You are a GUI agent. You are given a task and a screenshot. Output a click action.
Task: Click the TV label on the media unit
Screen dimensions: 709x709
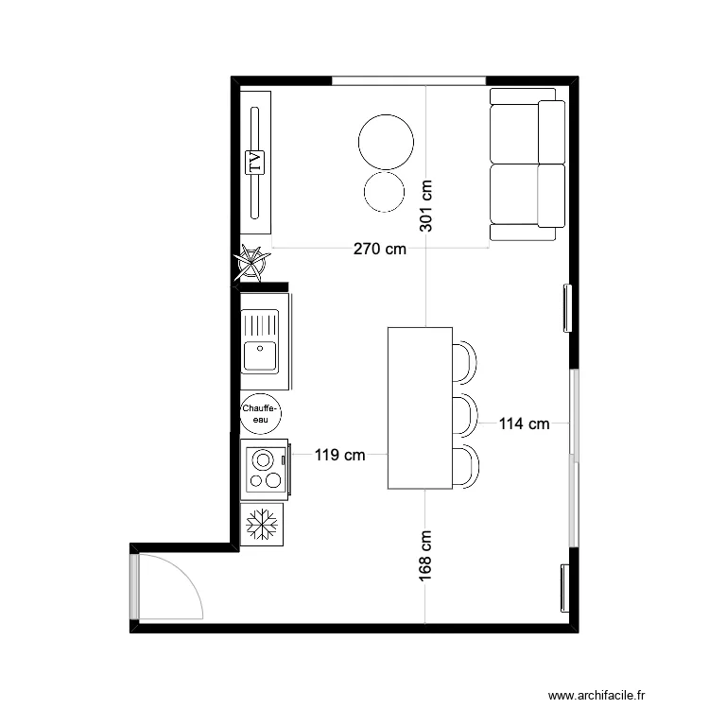point(253,163)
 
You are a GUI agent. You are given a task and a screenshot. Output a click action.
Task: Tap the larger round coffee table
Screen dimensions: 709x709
point(386,141)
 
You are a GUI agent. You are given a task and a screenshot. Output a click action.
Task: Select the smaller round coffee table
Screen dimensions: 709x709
point(385,191)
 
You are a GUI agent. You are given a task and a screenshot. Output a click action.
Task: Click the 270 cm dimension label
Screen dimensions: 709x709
point(380,250)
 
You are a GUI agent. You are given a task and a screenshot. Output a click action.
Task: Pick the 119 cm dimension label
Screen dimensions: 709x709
point(340,455)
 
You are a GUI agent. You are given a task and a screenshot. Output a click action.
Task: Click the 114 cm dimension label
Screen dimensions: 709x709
point(524,424)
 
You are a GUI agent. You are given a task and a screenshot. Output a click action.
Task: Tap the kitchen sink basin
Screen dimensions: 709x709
point(260,355)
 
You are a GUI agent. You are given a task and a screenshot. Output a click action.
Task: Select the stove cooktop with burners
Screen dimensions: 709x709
point(265,470)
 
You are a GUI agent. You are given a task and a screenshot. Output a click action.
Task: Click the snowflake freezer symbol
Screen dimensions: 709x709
point(262,524)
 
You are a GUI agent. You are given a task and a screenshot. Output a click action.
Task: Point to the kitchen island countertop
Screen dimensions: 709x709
point(420,407)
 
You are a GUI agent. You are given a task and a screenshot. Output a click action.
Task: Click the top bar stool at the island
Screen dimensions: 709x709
point(464,362)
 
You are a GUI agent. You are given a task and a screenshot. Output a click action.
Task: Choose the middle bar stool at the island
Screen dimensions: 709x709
point(464,414)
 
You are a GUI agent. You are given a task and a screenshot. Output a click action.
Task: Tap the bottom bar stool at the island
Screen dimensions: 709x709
point(464,467)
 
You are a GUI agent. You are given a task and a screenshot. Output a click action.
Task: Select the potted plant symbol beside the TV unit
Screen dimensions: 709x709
point(253,263)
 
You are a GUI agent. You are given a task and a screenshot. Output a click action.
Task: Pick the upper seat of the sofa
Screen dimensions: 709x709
point(515,132)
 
